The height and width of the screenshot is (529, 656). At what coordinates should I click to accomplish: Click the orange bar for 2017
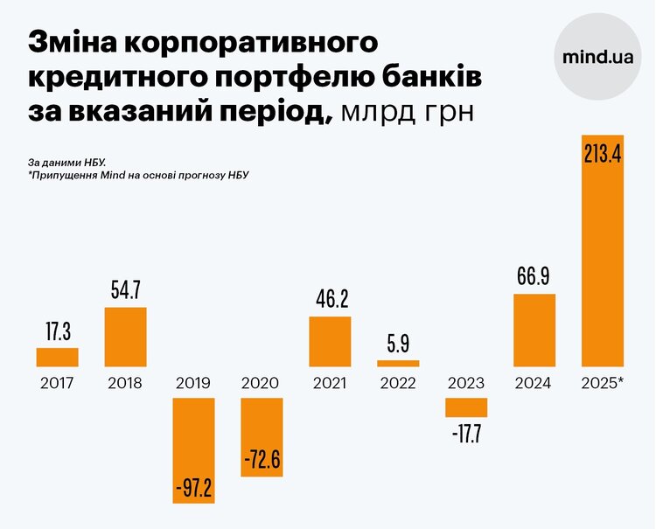[x=57, y=357]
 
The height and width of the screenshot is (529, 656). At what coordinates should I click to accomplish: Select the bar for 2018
[x=125, y=337]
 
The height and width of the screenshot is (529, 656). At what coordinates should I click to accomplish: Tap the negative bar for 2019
[x=193, y=450]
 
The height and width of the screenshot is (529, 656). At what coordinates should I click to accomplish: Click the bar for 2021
[x=330, y=341]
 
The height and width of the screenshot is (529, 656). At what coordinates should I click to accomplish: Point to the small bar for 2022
[x=398, y=363]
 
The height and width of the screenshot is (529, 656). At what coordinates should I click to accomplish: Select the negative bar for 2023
[x=466, y=407]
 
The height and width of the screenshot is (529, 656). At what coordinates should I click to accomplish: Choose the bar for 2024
[x=534, y=330]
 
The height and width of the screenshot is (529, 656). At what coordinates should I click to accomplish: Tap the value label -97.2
[x=193, y=484]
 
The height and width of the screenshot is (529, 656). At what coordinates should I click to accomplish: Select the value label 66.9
[x=534, y=277]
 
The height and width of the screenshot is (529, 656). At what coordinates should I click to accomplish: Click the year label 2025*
[x=603, y=383]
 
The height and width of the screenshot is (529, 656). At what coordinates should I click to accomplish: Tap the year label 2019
[x=193, y=383]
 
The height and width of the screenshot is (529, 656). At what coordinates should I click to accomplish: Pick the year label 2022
[x=398, y=383]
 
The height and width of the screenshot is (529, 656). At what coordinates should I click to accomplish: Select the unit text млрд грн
[x=408, y=112]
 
